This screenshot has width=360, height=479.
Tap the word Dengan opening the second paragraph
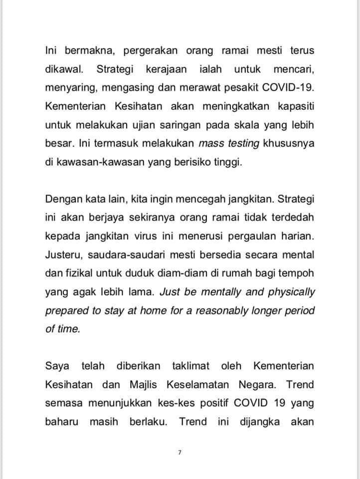[x=61, y=199]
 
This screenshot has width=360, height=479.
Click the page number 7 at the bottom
[x=180, y=453]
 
